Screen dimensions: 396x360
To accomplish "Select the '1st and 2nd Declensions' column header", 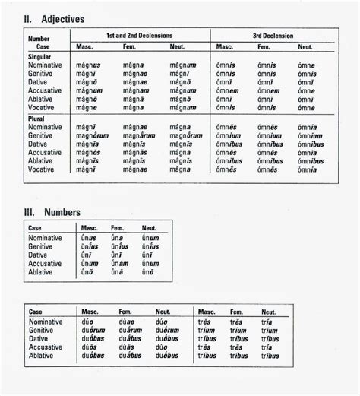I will [x=141, y=36].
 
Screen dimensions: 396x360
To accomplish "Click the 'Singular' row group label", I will [x=39, y=56].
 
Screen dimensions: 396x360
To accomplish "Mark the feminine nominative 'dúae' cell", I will [x=126, y=322].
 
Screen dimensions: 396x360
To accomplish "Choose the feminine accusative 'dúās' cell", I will [x=127, y=347].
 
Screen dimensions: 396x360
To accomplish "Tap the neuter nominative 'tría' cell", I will [x=268, y=322].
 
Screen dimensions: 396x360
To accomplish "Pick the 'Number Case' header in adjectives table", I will [x=39, y=41].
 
